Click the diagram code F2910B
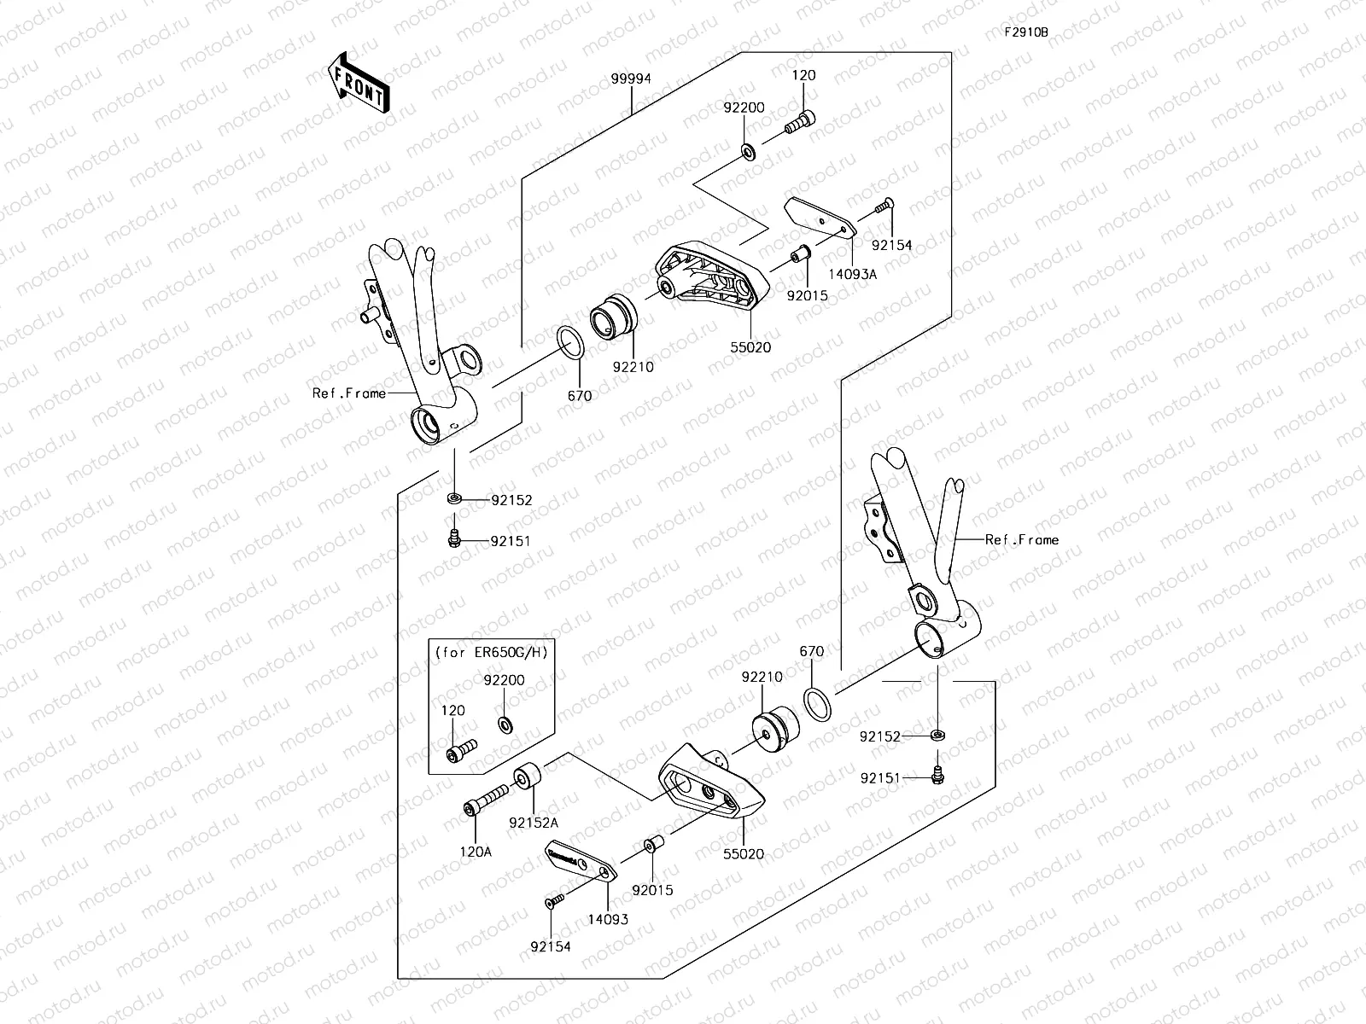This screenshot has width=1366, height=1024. coord(1025,32)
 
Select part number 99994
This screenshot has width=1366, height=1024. coord(631,79)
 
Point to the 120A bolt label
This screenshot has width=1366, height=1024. coord(476,852)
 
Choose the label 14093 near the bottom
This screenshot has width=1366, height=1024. coord(607,919)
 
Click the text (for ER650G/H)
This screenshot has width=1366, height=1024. coord(490,652)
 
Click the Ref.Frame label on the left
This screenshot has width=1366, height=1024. coord(348,393)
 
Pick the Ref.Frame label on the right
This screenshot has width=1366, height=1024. coord(1021,539)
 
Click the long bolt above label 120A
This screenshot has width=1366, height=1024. coord(486,800)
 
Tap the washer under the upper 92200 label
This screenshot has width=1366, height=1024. coord(747,152)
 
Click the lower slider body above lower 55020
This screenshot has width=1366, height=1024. coord(709,780)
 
